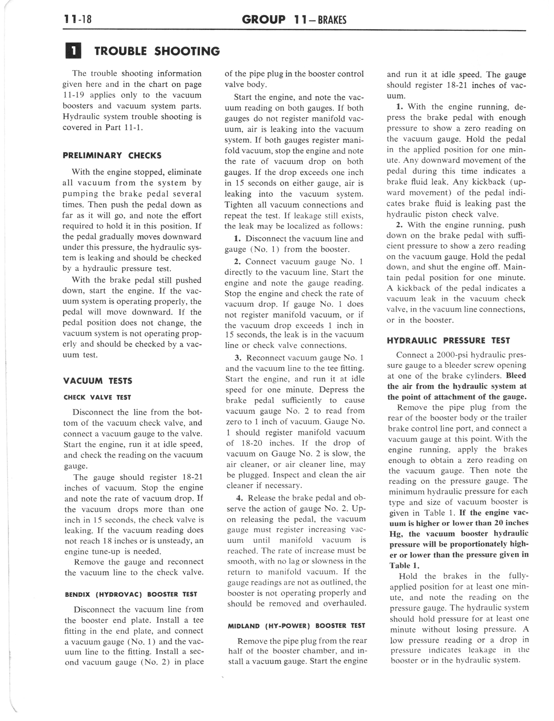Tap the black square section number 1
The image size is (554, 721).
(73, 51)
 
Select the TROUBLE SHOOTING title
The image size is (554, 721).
(157, 51)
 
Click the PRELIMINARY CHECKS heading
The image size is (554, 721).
(112, 156)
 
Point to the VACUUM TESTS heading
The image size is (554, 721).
(98, 381)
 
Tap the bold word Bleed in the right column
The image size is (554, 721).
(516, 376)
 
